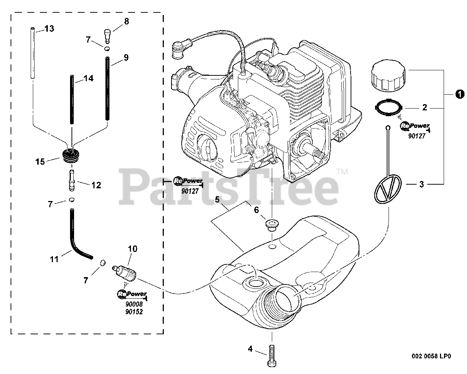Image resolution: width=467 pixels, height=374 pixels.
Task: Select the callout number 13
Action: click(x=49, y=28)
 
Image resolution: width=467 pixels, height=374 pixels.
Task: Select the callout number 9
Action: click(x=126, y=58)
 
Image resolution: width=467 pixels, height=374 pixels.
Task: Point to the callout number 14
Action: click(x=88, y=78)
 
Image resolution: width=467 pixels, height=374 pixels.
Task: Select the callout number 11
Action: click(x=54, y=259)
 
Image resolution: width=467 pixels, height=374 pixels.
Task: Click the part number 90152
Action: click(x=133, y=312)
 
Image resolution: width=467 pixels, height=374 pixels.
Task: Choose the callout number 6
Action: click(x=256, y=209)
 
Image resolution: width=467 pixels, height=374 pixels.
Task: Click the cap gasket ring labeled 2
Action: click(x=389, y=107)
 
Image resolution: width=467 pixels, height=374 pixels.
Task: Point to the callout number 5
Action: click(x=217, y=200)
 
